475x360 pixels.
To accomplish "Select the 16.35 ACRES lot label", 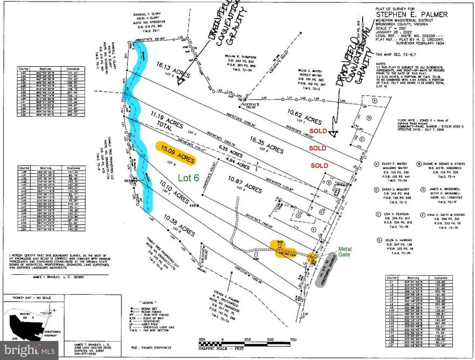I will (x=267, y=148).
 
